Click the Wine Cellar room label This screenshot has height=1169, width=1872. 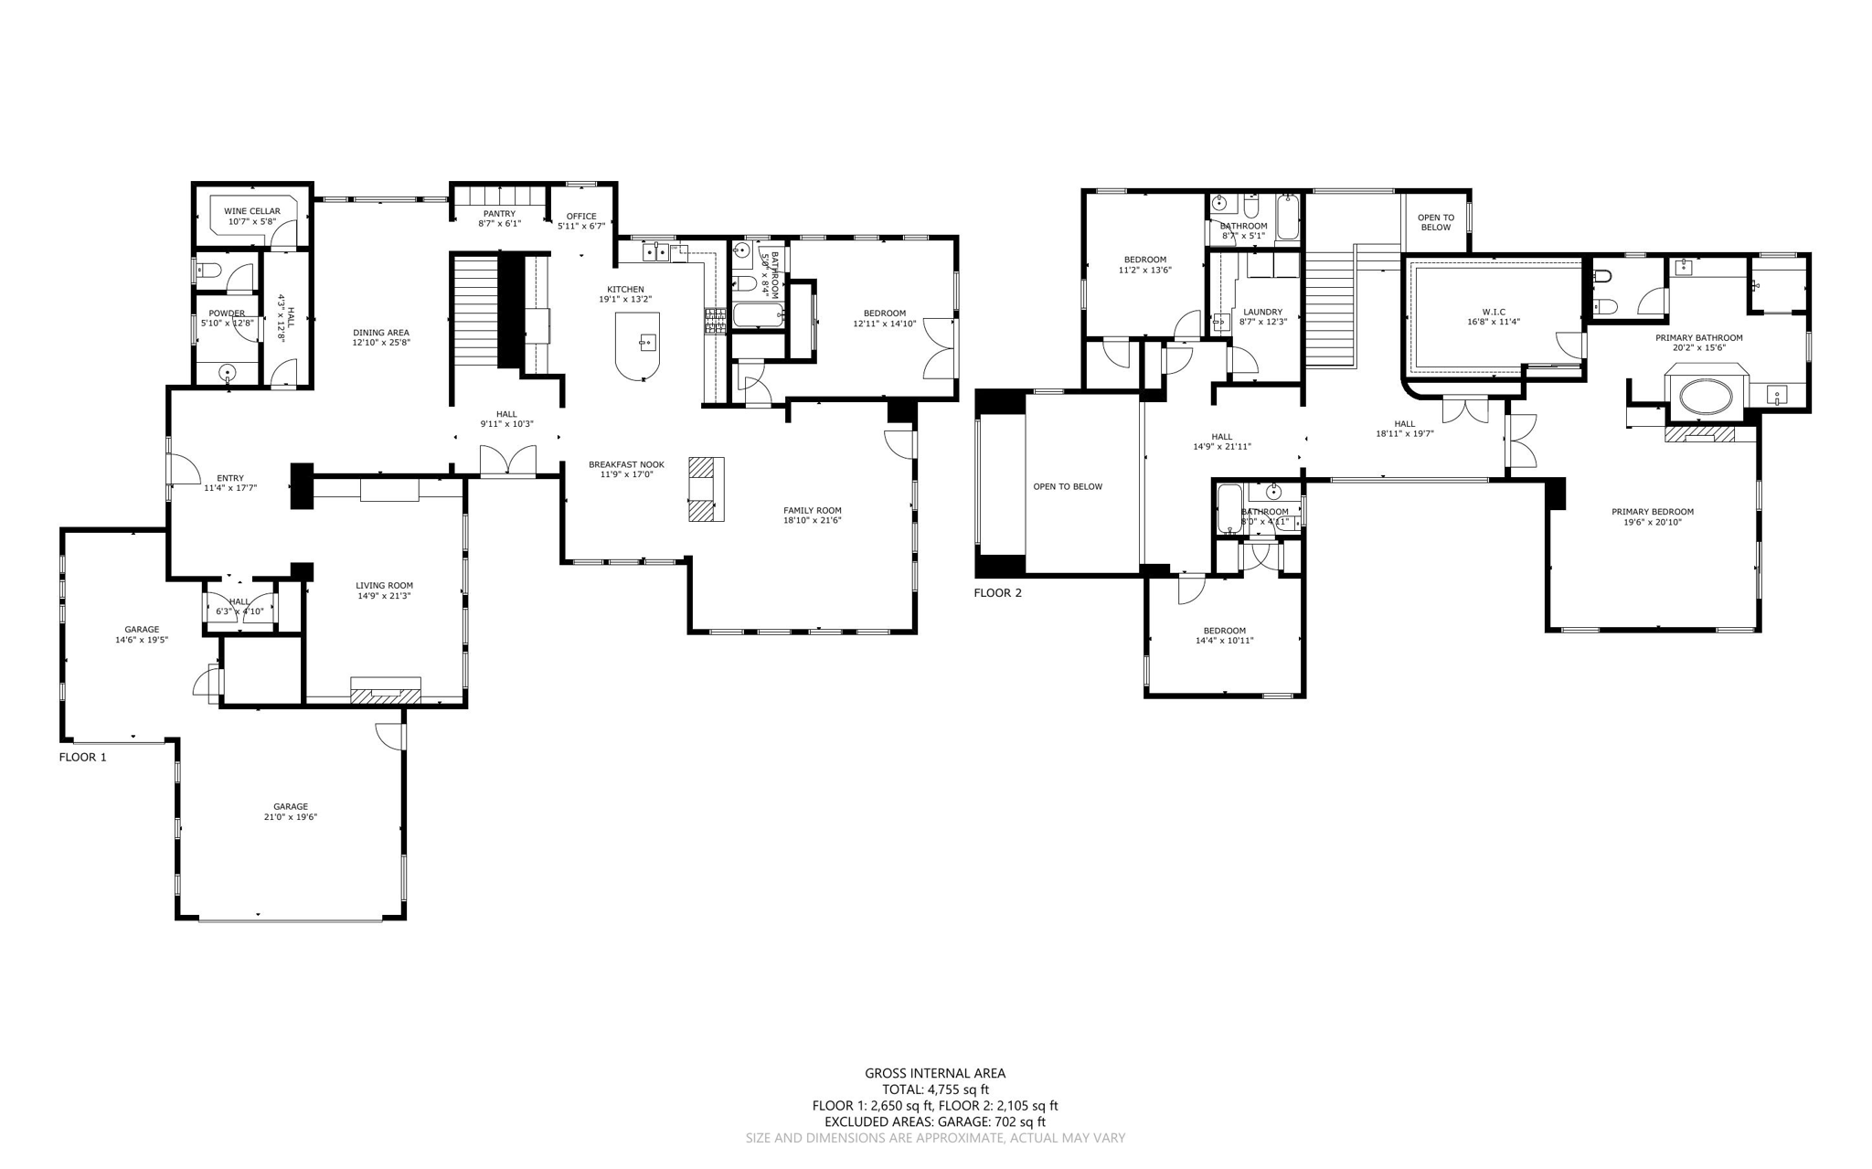[252, 211]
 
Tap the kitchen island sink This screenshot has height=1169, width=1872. [647, 343]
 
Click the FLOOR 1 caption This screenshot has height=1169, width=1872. [83, 757]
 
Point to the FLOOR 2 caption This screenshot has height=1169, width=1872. [997, 592]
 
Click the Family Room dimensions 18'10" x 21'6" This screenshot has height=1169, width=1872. [812, 520]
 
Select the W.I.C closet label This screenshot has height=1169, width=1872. [1494, 312]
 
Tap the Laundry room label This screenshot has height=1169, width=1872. [1262, 312]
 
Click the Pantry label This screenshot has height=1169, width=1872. [499, 214]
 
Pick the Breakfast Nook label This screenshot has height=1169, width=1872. [626, 464]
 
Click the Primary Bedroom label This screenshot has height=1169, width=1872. [1653, 512]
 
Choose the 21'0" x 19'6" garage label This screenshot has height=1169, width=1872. [291, 817]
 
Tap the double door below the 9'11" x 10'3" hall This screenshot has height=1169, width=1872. [508, 462]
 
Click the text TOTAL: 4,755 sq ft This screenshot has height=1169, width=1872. [935, 1089]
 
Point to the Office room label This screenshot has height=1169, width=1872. [581, 217]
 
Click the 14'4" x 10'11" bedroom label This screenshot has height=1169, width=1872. [1224, 641]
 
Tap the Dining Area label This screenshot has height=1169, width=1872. [381, 333]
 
